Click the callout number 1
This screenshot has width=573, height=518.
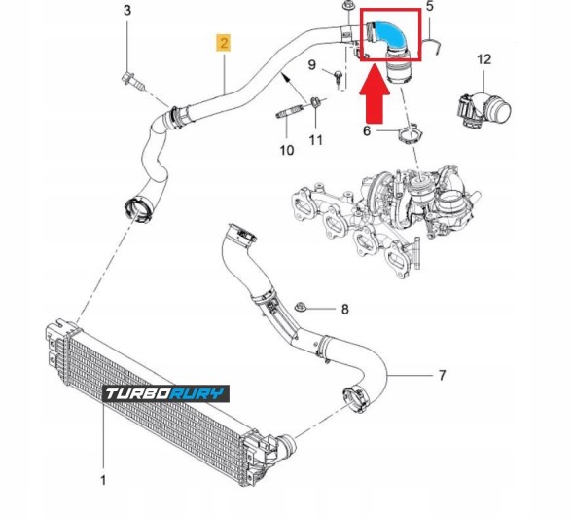point(105,480)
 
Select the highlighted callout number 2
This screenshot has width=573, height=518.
point(224,43)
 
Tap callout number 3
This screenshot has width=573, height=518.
point(126,11)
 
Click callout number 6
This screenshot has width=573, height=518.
point(367,130)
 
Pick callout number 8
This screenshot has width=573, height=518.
point(343,310)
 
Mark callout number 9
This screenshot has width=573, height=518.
point(312,64)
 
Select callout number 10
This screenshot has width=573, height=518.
point(286,150)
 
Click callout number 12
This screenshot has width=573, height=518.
point(483,60)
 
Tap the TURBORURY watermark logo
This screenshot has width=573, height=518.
point(165,393)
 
